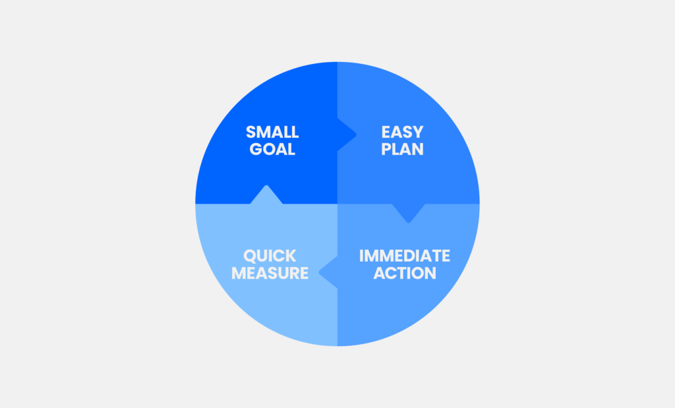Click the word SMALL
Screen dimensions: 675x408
click(x=272, y=132)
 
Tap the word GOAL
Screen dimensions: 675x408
click(x=272, y=150)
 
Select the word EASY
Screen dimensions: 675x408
click(x=403, y=132)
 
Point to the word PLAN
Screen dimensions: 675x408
click(x=403, y=150)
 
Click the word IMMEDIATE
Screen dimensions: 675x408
click(x=405, y=256)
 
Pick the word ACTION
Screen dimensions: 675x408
click(x=405, y=274)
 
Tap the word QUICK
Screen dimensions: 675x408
click(x=270, y=256)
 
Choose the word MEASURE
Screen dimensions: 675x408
click(x=270, y=274)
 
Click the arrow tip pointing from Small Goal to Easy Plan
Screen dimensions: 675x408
click(x=356, y=134)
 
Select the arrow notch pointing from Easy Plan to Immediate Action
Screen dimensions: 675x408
click(x=409, y=222)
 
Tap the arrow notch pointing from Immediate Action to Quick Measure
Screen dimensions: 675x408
click(x=319, y=272)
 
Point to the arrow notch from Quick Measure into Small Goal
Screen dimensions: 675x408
click(x=266, y=185)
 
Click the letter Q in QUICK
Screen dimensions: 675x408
click(x=250, y=256)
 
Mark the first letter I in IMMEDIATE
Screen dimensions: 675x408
click(x=362, y=256)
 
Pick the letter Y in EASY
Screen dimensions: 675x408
click(x=418, y=132)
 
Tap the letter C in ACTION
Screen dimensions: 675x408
click(x=393, y=274)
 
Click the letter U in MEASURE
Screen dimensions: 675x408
click(x=288, y=274)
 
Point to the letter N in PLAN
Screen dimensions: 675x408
click(x=417, y=150)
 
